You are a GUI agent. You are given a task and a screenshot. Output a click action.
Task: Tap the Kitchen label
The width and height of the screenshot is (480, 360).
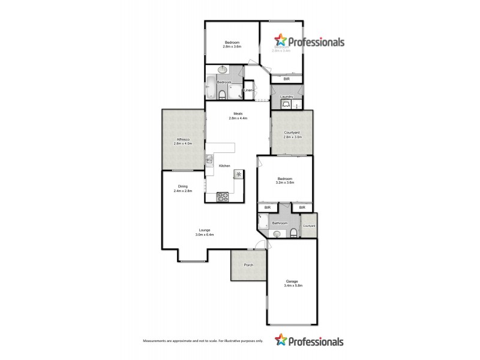pyautogui.click(x=224, y=166)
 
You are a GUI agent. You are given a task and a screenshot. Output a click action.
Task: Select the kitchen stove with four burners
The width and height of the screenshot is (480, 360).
pyautogui.click(x=222, y=196)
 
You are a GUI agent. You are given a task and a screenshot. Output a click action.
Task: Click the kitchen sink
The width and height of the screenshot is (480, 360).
pyautogui.click(x=209, y=160)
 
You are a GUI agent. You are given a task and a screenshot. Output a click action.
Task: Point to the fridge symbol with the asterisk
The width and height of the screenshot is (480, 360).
pyautogui.click(x=239, y=174)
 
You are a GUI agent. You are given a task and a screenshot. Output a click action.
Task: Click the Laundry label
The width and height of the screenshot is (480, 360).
pyautogui.click(x=286, y=97)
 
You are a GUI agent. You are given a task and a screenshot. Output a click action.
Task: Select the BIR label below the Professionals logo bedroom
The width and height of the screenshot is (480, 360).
pyautogui.click(x=286, y=79)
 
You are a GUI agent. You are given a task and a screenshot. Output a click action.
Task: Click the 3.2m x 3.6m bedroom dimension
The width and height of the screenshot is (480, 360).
pyautogui.click(x=285, y=183)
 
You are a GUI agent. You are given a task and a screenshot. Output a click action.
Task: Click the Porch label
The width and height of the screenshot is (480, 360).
pyautogui.click(x=248, y=265)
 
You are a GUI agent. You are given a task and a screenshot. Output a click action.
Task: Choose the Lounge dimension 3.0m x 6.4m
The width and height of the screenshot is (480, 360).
pyautogui.click(x=205, y=235)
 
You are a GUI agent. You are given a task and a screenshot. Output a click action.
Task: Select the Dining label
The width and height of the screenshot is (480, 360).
pyautogui.click(x=182, y=187)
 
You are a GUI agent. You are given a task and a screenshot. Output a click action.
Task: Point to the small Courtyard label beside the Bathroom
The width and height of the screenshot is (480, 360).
pyautogui.click(x=309, y=226)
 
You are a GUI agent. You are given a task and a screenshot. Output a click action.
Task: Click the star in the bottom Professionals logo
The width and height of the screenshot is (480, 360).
pyautogui.click(x=281, y=341)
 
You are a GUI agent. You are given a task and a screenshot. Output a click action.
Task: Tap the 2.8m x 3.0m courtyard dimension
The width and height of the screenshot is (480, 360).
pyautogui.click(x=293, y=137)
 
